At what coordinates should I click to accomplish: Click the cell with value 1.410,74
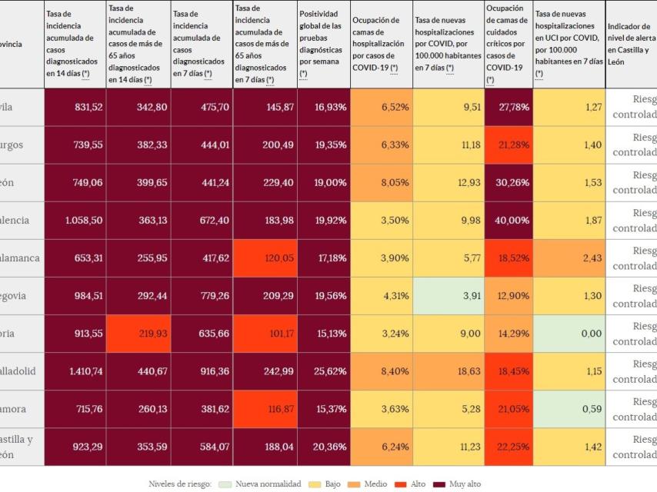click(x=75, y=371)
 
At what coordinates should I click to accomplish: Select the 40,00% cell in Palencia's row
click(x=509, y=220)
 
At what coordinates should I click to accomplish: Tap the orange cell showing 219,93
click(x=138, y=334)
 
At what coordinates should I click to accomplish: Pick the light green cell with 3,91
click(x=449, y=296)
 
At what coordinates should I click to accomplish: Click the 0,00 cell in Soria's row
click(x=569, y=334)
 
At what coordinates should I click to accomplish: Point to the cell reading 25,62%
click(x=323, y=371)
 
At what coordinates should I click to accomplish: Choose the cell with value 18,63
click(x=449, y=371)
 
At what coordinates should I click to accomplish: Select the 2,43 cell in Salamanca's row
click(x=569, y=258)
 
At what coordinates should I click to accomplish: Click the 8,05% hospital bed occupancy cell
click(x=381, y=182)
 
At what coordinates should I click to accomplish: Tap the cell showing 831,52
click(x=75, y=107)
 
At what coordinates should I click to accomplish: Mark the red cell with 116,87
click(x=265, y=409)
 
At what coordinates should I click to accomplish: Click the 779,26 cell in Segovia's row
click(x=202, y=296)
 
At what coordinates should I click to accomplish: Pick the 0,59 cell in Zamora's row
click(x=569, y=409)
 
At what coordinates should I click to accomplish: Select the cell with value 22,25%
click(x=509, y=447)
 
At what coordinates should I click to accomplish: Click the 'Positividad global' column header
click(x=323, y=44)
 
